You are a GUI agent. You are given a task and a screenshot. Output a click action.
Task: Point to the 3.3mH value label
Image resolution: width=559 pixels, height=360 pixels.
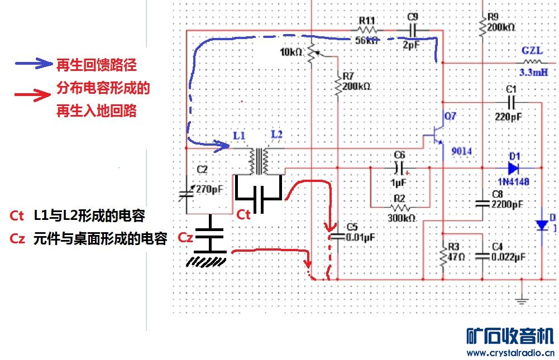click(x=533, y=73)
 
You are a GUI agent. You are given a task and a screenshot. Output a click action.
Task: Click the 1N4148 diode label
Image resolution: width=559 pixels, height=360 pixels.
click(x=513, y=181)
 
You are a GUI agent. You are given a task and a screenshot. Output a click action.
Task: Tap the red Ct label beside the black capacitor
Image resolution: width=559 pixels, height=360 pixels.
click(x=243, y=214)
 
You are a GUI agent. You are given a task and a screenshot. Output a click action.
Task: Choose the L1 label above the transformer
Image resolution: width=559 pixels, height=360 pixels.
click(x=238, y=136)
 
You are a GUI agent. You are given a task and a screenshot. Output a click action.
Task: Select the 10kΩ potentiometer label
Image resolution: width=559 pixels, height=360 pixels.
click(x=291, y=52)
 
